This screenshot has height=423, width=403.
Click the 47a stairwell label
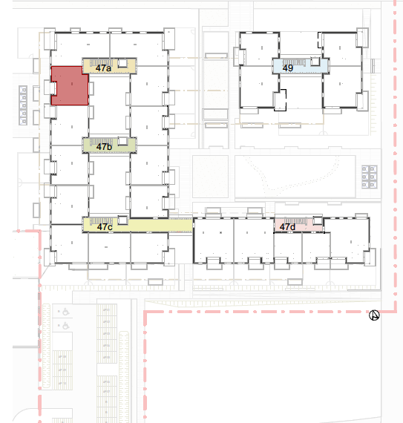[103, 68]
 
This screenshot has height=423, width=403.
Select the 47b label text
[104, 147]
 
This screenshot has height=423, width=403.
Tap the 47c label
[105, 227]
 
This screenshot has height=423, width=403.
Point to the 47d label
[287, 227]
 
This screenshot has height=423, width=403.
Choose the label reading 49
[287, 68]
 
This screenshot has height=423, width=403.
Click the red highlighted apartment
[70, 85]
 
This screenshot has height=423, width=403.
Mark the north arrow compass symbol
[374, 315]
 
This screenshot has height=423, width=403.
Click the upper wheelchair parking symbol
[65, 312]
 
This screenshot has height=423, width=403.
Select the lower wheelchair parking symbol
[65, 326]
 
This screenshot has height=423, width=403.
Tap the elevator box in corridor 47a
[122, 63]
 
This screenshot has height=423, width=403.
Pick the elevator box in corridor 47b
[122, 141]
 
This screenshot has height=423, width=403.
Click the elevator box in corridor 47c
[122, 220]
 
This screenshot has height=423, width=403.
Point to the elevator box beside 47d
[318, 220]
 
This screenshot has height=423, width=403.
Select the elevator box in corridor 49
[315, 62]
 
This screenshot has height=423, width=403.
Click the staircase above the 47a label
[101, 62]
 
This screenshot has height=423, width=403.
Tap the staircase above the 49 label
[294, 62]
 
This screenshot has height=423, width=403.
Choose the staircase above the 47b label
[101, 141]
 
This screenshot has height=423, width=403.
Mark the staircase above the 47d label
[296, 221]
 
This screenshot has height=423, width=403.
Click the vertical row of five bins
[23, 105]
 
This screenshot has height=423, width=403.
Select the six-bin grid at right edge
[370, 177]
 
